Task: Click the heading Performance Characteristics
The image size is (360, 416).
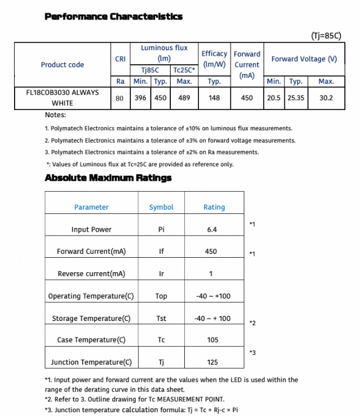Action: [114, 16]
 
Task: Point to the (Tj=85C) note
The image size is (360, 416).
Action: [326, 36]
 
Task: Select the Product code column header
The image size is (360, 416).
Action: [62, 65]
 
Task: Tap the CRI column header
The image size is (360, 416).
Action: [121, 59]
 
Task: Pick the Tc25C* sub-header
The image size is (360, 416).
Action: [184, 70]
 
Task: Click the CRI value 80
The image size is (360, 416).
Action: [120, 98]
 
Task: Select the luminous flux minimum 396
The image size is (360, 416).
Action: [141, 98]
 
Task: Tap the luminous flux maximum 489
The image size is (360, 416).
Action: [184, 98]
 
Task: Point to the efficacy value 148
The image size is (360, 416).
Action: [214, 98]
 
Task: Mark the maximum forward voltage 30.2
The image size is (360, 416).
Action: [326, 98]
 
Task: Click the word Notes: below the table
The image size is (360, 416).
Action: [56, 115]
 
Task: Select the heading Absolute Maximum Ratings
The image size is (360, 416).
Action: [108, 178]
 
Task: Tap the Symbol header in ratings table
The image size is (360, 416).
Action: [161, 207]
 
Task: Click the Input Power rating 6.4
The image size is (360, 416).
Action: [211, 230]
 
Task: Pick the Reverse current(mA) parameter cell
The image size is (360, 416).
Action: [91, 274]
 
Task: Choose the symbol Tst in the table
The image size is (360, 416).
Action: [161, 318]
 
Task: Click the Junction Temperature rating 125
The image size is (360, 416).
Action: [212, 363]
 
